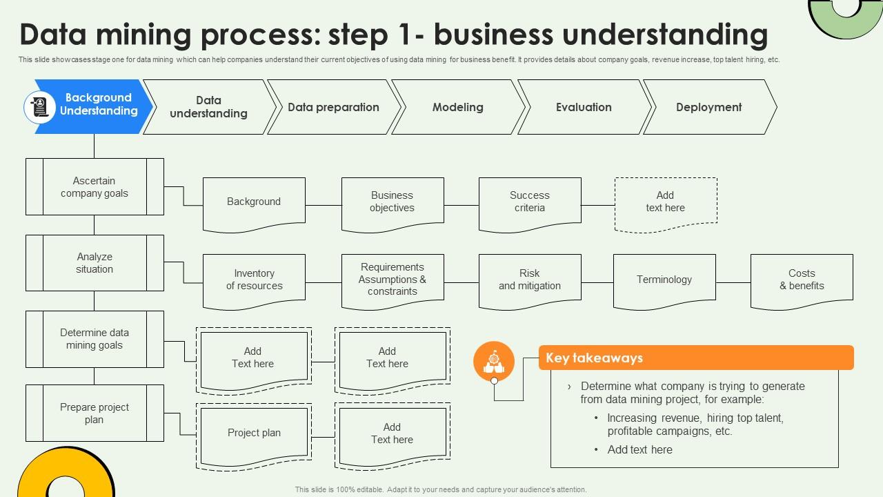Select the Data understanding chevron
click(208, 107)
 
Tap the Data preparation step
click(333, 107)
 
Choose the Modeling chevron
click(457, 107)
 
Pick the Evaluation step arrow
click(584, 107)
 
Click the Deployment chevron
click(708, 107)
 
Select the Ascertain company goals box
click(95, 187)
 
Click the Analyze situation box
click(95, 263)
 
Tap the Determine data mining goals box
click(95, 339)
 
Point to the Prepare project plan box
click(95, 413)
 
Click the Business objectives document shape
click(392, 202)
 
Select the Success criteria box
click(529, 202)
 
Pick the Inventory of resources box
click(254, 280)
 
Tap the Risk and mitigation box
click(529, 280)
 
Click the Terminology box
click(664, 280)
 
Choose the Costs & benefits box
click(802, 280)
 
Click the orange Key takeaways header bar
click(695, 358)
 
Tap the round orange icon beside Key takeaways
click(494, 361)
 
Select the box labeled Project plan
click(254, 433)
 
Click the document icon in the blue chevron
click(40, 107)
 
